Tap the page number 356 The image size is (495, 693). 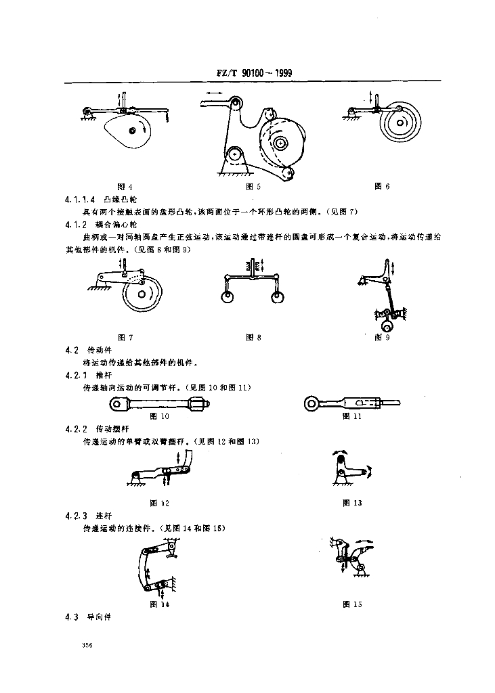tap(86, 646)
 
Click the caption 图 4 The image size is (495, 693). tap(125, 186)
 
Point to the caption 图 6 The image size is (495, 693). tap(383, 186)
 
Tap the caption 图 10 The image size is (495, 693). tap(159, 416)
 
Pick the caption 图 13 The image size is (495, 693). tap(352, 503)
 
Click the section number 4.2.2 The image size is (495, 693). tap(76, 429)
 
